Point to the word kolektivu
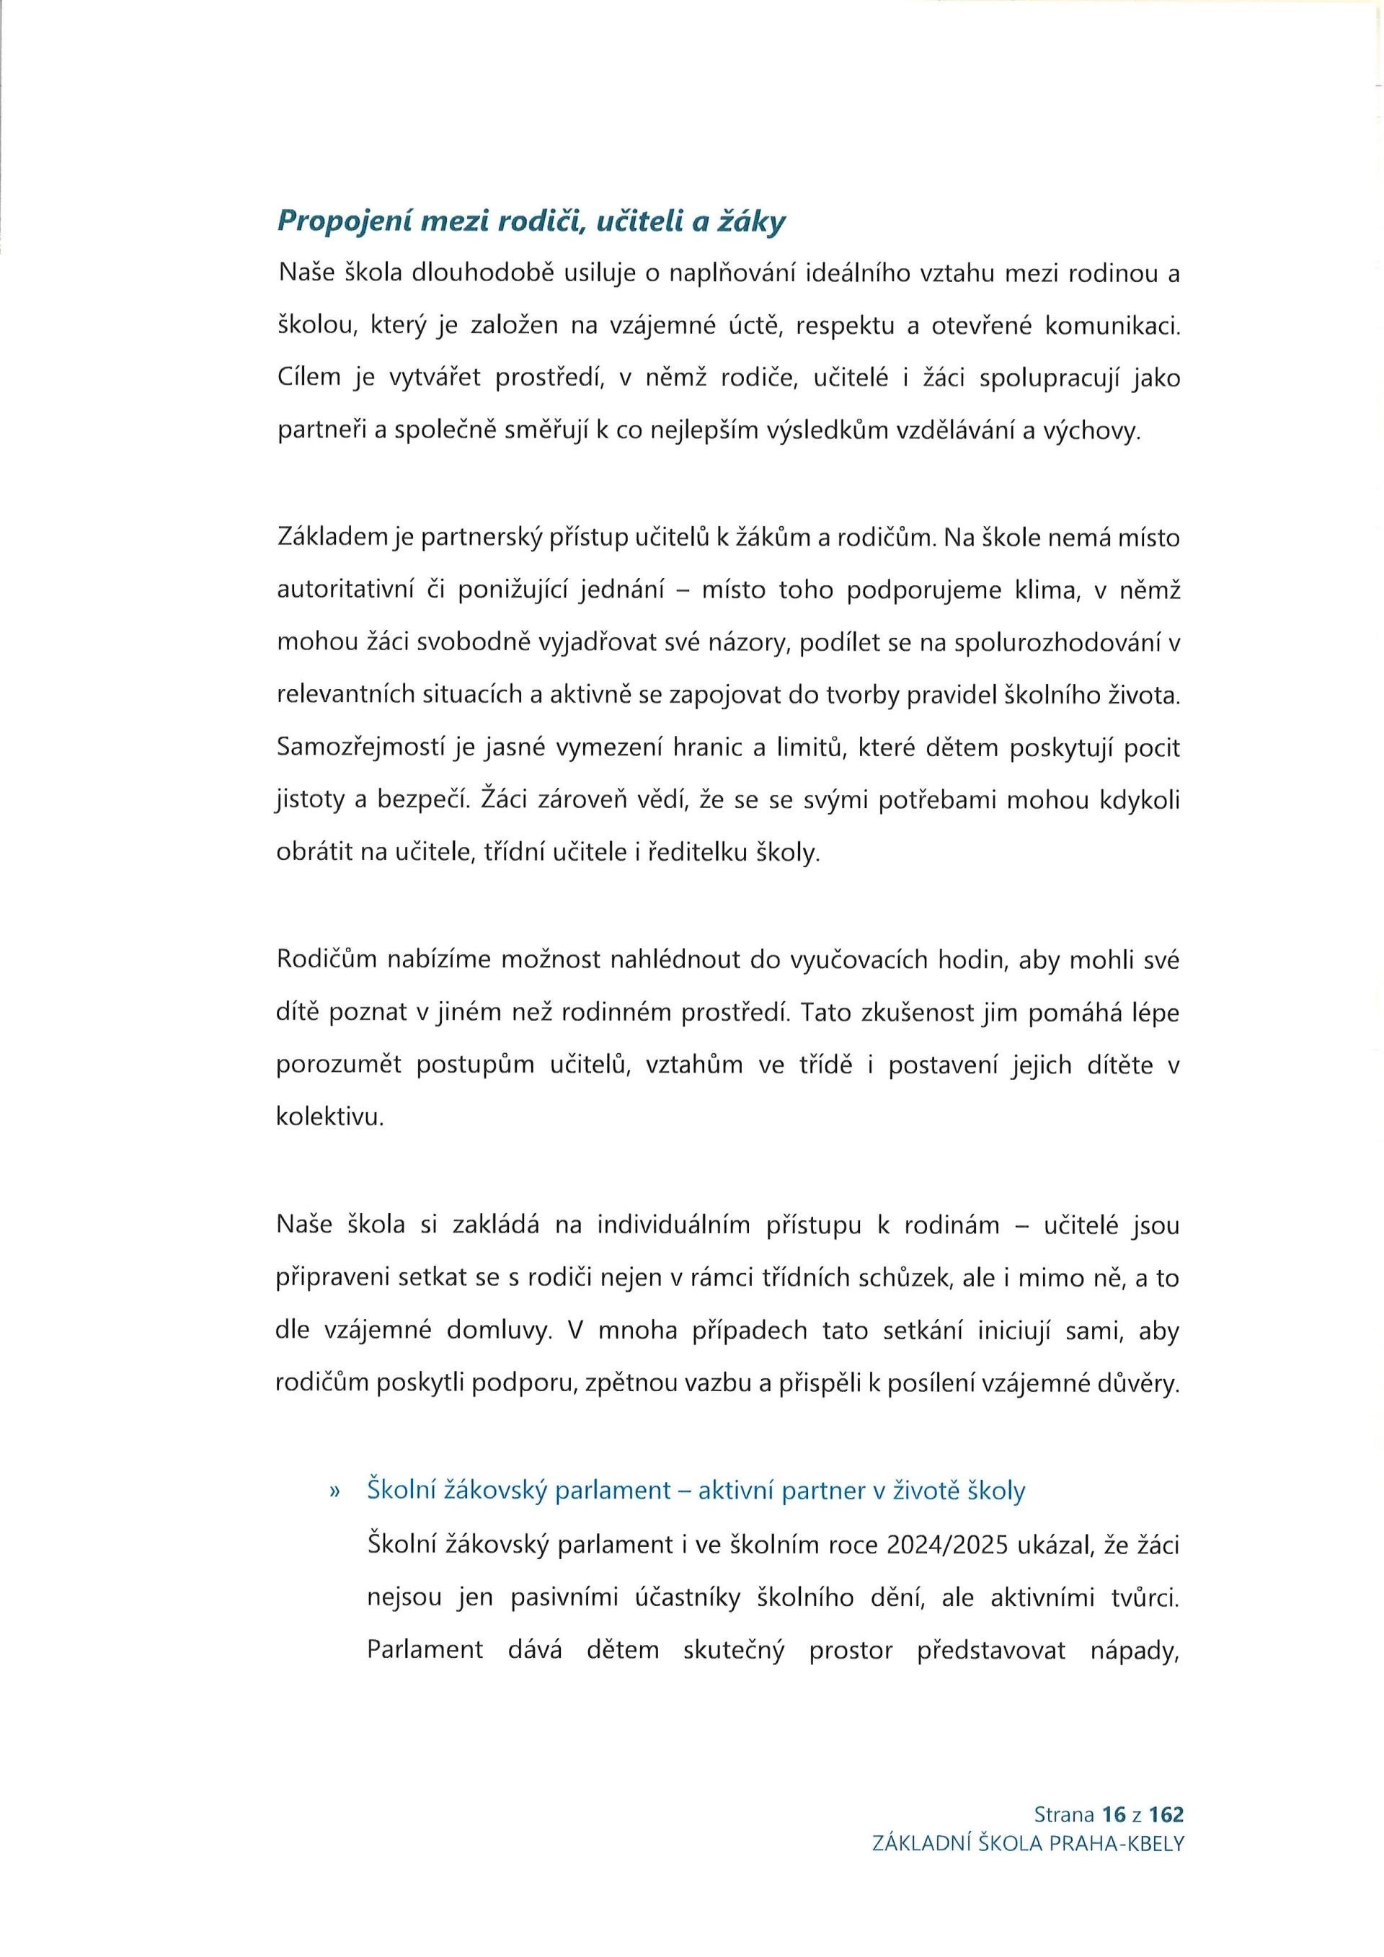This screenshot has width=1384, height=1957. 328,1117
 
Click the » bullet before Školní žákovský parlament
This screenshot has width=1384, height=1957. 334,1491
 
